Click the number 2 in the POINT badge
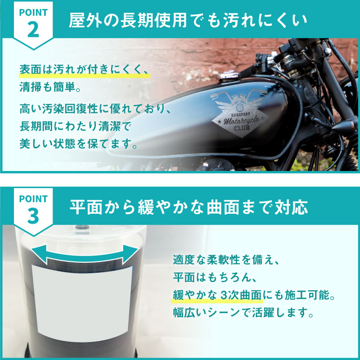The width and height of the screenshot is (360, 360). pos(33,30)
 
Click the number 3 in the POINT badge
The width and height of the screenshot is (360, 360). pos(33,216)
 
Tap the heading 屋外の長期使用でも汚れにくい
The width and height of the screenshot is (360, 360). pos(188,20)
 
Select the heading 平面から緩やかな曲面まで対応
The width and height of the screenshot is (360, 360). pos(189,207)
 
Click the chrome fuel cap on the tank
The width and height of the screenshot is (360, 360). pos(229,75)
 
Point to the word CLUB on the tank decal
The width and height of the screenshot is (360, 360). pos(242,127)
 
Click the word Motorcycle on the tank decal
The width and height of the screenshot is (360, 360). pos(241,120)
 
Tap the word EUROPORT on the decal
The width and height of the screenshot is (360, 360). pos(241,114)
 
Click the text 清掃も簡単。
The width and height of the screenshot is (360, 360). pos(50,87)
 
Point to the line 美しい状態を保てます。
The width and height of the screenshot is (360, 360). pos(78,144)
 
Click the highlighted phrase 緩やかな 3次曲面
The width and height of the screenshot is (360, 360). pos(217,295)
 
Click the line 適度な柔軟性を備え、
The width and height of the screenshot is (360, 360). pos(226,260)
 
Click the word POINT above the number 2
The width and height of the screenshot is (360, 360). pos(33,13)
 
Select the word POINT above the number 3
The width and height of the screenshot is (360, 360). pos(33,199)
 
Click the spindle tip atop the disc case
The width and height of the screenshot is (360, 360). pos(82,227)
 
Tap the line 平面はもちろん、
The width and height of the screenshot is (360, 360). pos(215,278)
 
